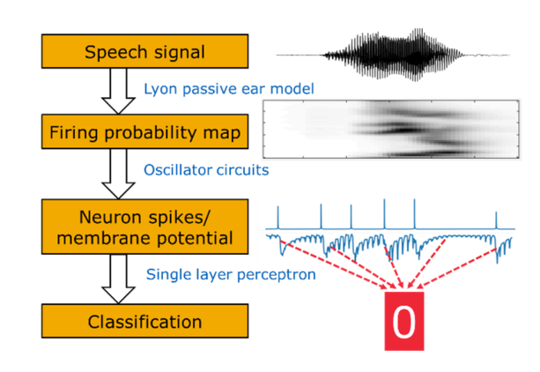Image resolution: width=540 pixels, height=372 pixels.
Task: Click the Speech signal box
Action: click(145, 51)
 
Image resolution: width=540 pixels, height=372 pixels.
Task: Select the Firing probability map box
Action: click(145, 131)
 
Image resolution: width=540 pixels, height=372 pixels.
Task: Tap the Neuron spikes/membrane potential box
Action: click(145, 227)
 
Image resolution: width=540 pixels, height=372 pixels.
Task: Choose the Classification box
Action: click(145, 321)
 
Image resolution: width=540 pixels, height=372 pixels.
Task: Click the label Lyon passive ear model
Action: click(229, 89)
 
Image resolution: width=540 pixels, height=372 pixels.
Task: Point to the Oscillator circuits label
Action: click(206, 170)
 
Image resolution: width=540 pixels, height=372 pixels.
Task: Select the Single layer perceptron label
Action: click(231, 275)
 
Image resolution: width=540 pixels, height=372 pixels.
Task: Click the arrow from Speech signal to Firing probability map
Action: click(118, 91)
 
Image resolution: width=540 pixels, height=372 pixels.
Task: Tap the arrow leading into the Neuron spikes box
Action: click(118, 175)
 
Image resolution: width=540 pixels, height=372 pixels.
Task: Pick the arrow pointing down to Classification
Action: click(118, 279)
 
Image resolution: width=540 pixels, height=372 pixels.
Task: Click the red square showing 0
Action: click(404, 321)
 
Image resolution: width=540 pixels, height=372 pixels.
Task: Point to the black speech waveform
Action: click(393, 55)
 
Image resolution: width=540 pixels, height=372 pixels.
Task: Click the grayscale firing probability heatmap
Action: click(391, 130)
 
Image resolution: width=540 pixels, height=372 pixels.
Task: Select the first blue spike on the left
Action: click(278, 218)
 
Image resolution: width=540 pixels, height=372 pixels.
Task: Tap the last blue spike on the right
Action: click(496, 220)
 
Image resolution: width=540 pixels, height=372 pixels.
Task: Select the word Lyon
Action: click(161, 89)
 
